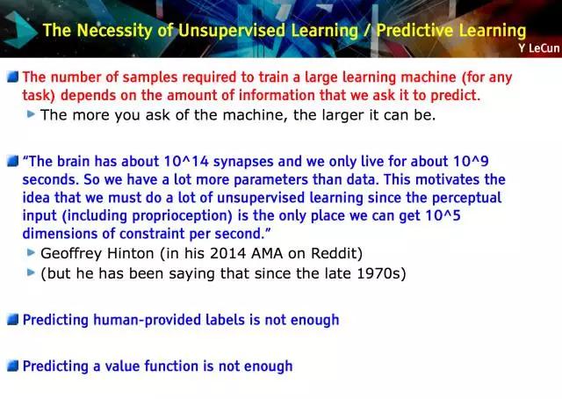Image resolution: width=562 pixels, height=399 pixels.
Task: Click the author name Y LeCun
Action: click(x=538, y=48)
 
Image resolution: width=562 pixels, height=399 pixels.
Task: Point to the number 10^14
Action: click(x=186, y=162)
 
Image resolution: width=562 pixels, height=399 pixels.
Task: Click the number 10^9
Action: click(x=471, y=162)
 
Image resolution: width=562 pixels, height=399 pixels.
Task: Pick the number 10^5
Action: click(x=443, y=215)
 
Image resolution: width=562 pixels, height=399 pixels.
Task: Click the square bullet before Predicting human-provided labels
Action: click(x=12, y=319)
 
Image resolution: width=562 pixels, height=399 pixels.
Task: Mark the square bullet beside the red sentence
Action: click(x=12, y=76)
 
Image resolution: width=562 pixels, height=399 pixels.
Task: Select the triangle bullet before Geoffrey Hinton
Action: click(x=31, y=252)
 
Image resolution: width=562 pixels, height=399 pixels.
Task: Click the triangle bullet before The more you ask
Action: click(x=31, y=114)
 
